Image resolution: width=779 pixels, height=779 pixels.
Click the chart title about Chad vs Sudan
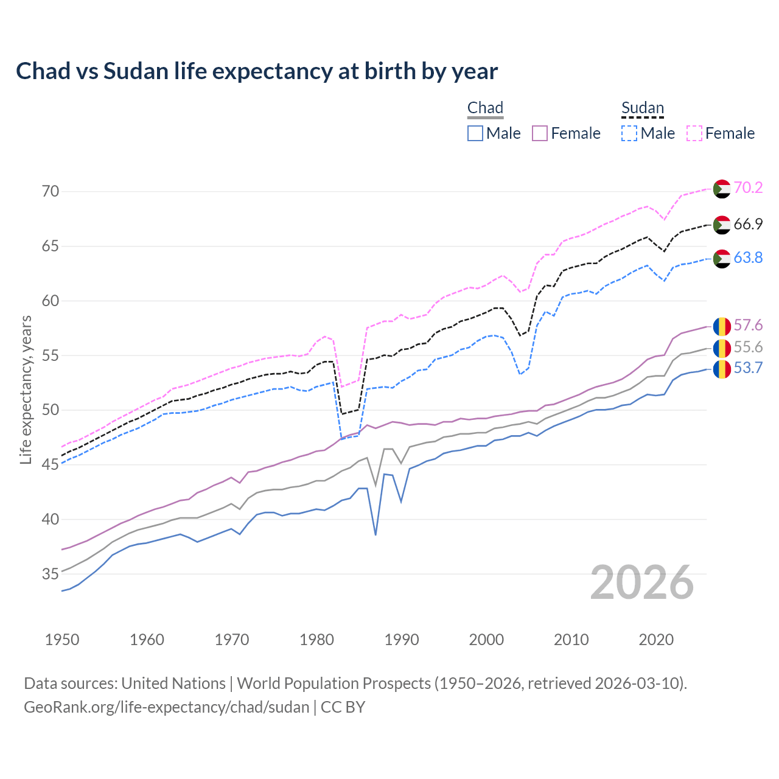pyautogui.click(x=256, y=71)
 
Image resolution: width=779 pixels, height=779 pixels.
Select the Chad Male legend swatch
pyautogui.click(x=475, y=133)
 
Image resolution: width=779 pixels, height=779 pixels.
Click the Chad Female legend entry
pyautogui.click(x=566, y=133)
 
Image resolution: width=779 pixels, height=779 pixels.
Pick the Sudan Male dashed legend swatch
pyautogui.click(x=629, y=133)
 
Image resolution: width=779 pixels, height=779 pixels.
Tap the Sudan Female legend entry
pyautogui.click(x=721, y=133)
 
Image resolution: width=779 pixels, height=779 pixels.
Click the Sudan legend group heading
pyautogui.click(x=642, y=108)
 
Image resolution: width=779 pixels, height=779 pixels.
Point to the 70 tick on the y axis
pyautogui.click(x=51, y=192)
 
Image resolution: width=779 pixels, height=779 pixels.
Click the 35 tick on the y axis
pyautogui.click(x=51, y=574)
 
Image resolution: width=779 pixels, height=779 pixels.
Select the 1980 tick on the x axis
pyautogui.click(x=316, y=640)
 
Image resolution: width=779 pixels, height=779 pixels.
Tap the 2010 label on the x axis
pyautogui.click(x=571, y=640)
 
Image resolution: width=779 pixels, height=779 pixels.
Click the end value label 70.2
pyautogui.click(x=748, y=188)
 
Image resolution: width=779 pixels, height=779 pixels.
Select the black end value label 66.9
pyautogui.click(x=748, y=225)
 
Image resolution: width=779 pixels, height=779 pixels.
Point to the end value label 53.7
pyautogui.click(x=748, y=368)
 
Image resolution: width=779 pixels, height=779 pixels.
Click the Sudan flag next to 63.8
pyautogui.click(x=722, y=258)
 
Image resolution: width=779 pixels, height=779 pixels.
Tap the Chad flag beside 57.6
pyautogui.click(x=722, y=326)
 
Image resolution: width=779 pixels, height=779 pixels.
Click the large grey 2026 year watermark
pyautogui.click(x=642, y=582)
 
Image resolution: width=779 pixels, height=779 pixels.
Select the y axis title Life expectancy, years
pyautogui.click(x=26, y=389)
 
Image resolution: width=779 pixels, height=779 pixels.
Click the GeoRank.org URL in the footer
pyautogui.click(x=166, y=707)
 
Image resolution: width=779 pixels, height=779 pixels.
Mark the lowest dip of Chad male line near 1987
pyautogui.click(x=376, y=534)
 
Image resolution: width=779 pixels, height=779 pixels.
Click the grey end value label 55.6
pyautogui.click(x=748, y=348)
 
